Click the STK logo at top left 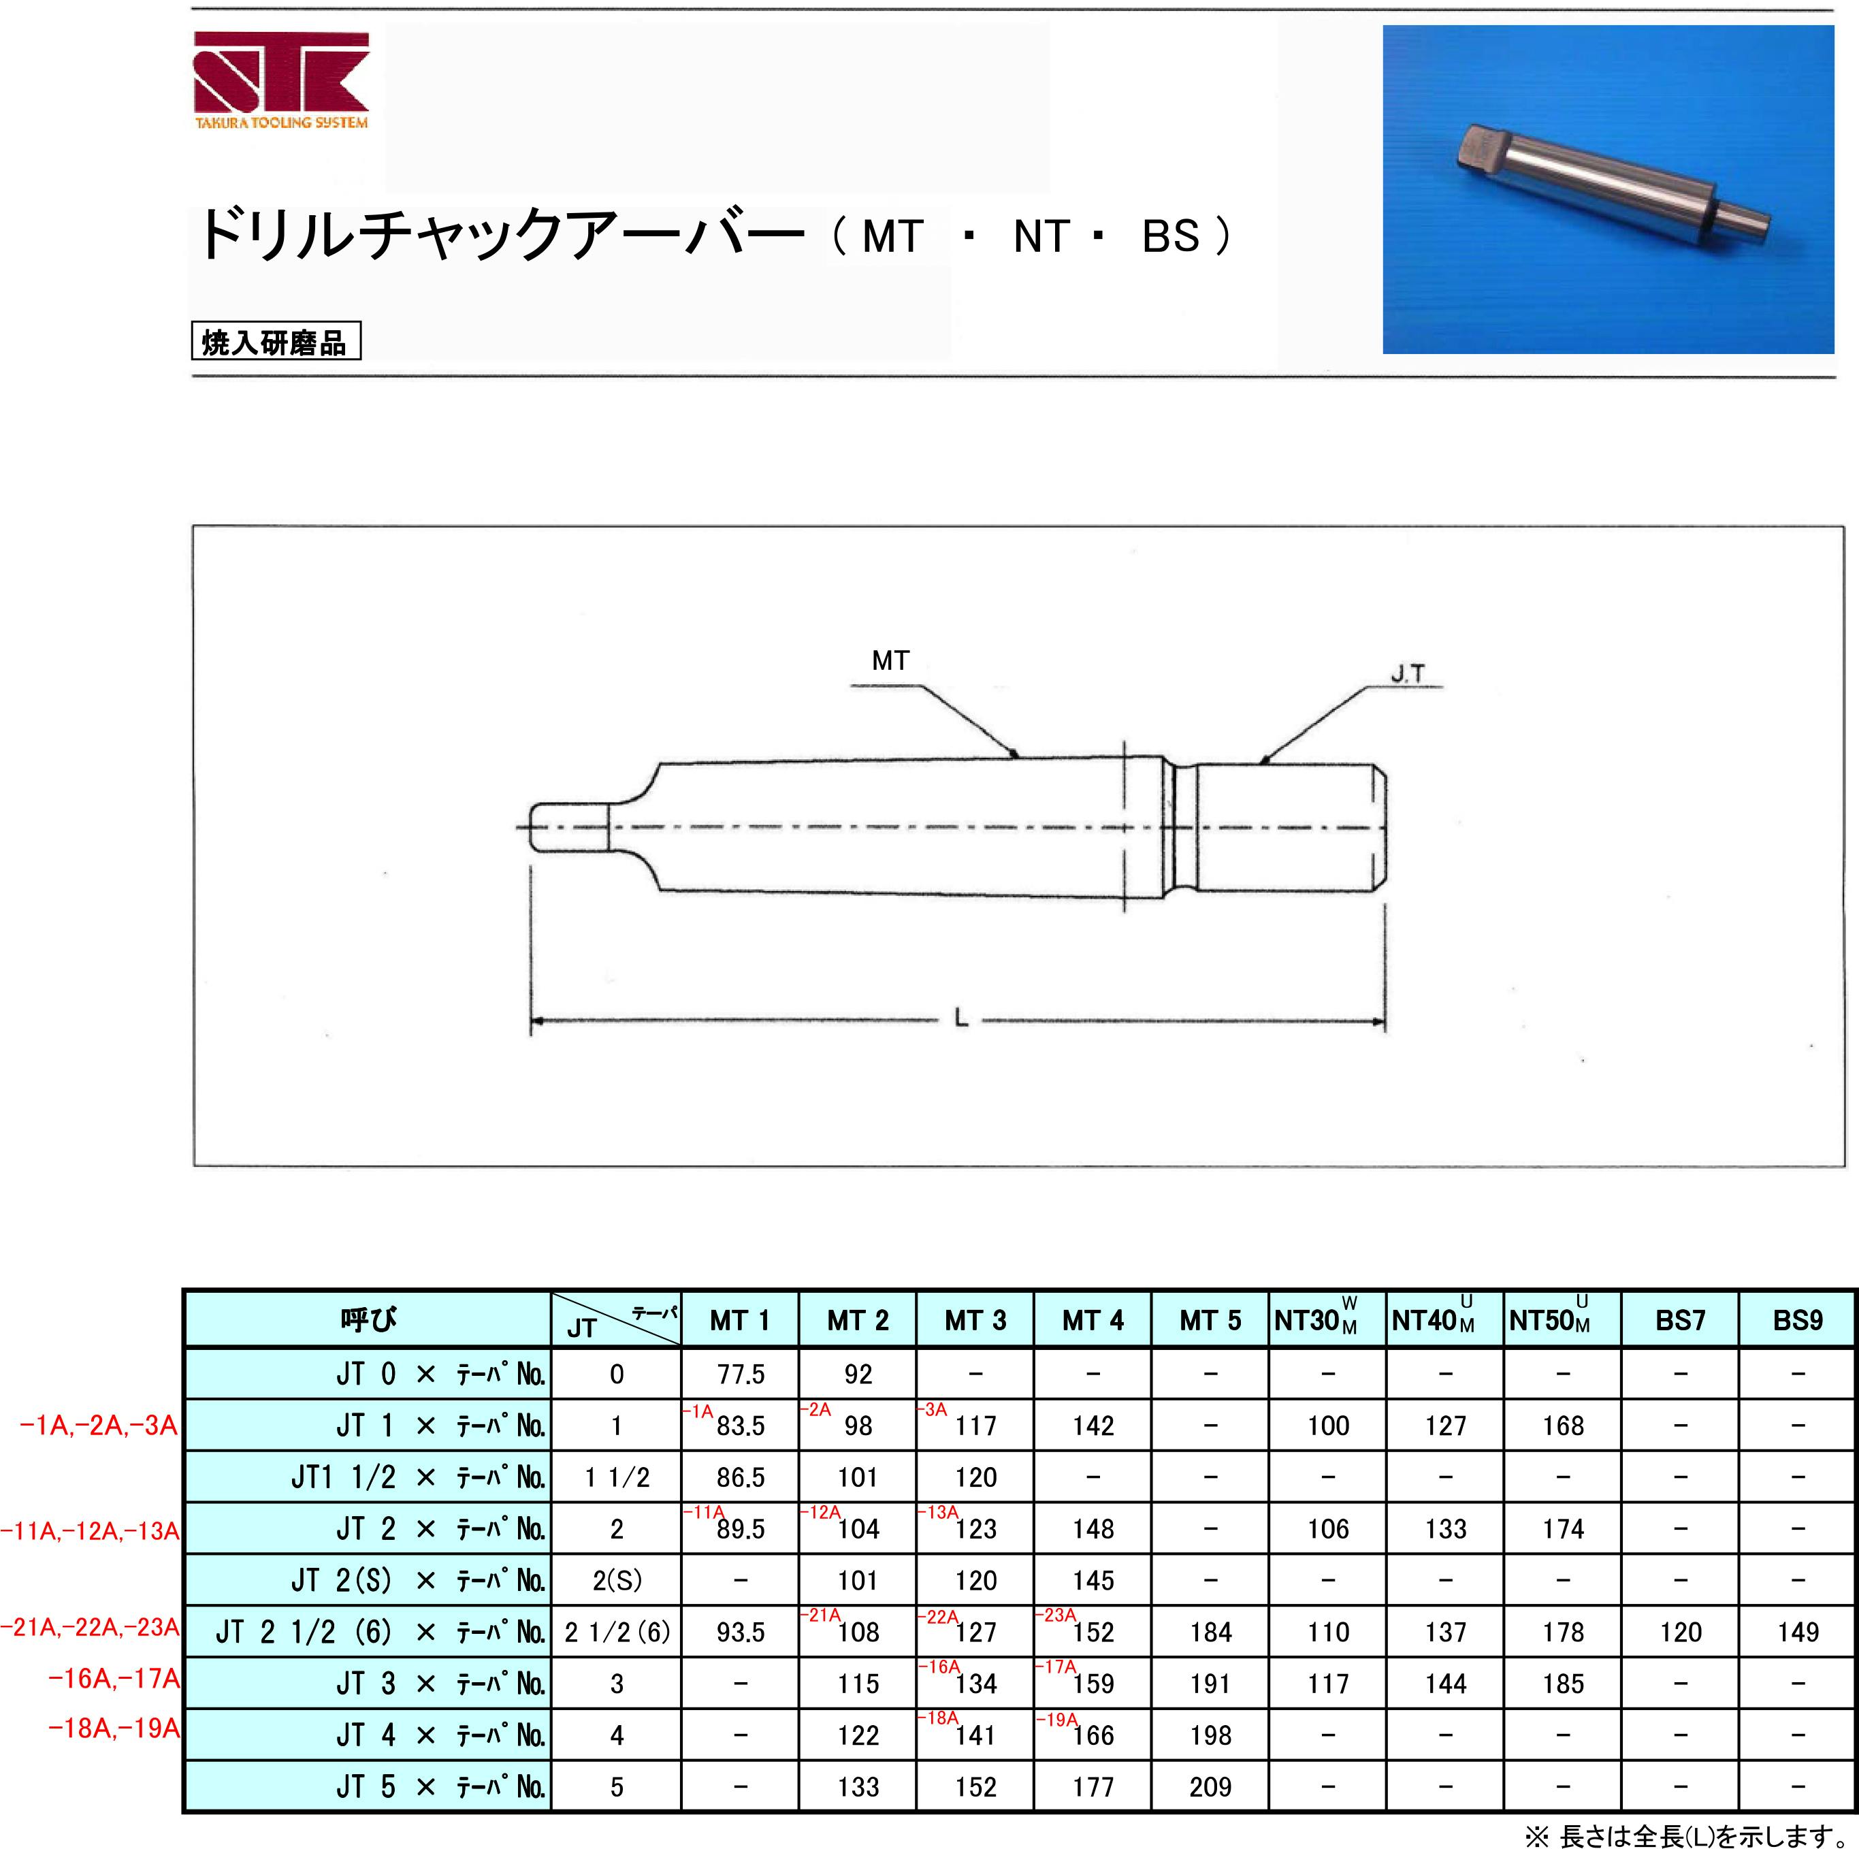pyautogui.click(x=281, y=81)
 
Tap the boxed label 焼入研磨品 pyautogui.click(x=276, y=342)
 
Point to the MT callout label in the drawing pyautogui.click(x=890, y=661)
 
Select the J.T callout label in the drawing pyautogui.click(x=1408, y=674)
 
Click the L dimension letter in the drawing pyautogui.click(x=960, y=1017)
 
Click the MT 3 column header pyautogui.click(x=975, y=1319)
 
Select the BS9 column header pyautogui.click(x=1798, y=1319)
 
